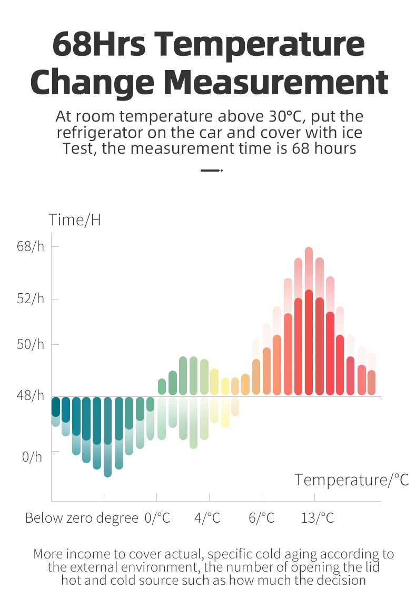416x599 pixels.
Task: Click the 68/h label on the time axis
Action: coord(31,246)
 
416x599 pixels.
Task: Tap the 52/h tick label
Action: coord(31,299)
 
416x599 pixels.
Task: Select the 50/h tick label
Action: coord(31,344)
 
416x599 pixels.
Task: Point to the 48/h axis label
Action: coord(31,395)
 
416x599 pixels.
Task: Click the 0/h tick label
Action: coord(32,456)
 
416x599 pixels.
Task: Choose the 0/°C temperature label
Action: coord(157,518)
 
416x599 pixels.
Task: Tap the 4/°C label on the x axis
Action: coord(207,518)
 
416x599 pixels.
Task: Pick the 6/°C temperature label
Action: coord(262,518)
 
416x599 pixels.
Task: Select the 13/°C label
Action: coord(318,518)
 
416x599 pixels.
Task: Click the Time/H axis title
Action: coord(75,219)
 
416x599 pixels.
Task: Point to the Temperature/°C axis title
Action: coord(351,480)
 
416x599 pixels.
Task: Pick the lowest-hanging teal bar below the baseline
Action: coord(107,437)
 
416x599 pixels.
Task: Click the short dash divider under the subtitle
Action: coord(212,170)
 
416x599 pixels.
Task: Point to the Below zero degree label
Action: coord(82,518)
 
